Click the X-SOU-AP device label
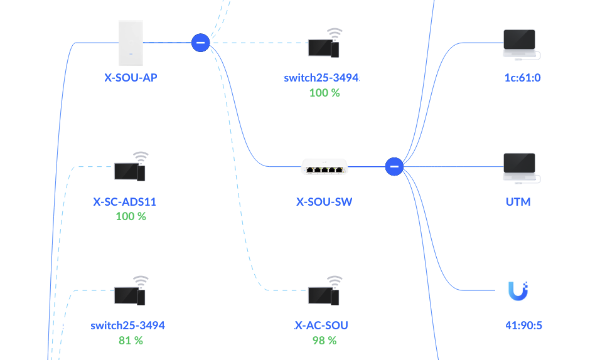(131, 78)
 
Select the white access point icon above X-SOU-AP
(131, 42)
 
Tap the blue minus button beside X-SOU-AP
(200, 43)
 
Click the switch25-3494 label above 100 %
(321, 78)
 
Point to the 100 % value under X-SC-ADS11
(131, 216)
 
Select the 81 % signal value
(131, 341)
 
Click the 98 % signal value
(324, 341)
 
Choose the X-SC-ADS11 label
(124, 202)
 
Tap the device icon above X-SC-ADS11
(131, 167)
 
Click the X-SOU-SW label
(324, 202)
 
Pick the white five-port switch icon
(324, 166)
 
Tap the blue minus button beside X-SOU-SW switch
(394, 167)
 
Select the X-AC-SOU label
(321, 326)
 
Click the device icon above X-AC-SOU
(324, 291)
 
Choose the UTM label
(518, 202)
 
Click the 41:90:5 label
(523, 326)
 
